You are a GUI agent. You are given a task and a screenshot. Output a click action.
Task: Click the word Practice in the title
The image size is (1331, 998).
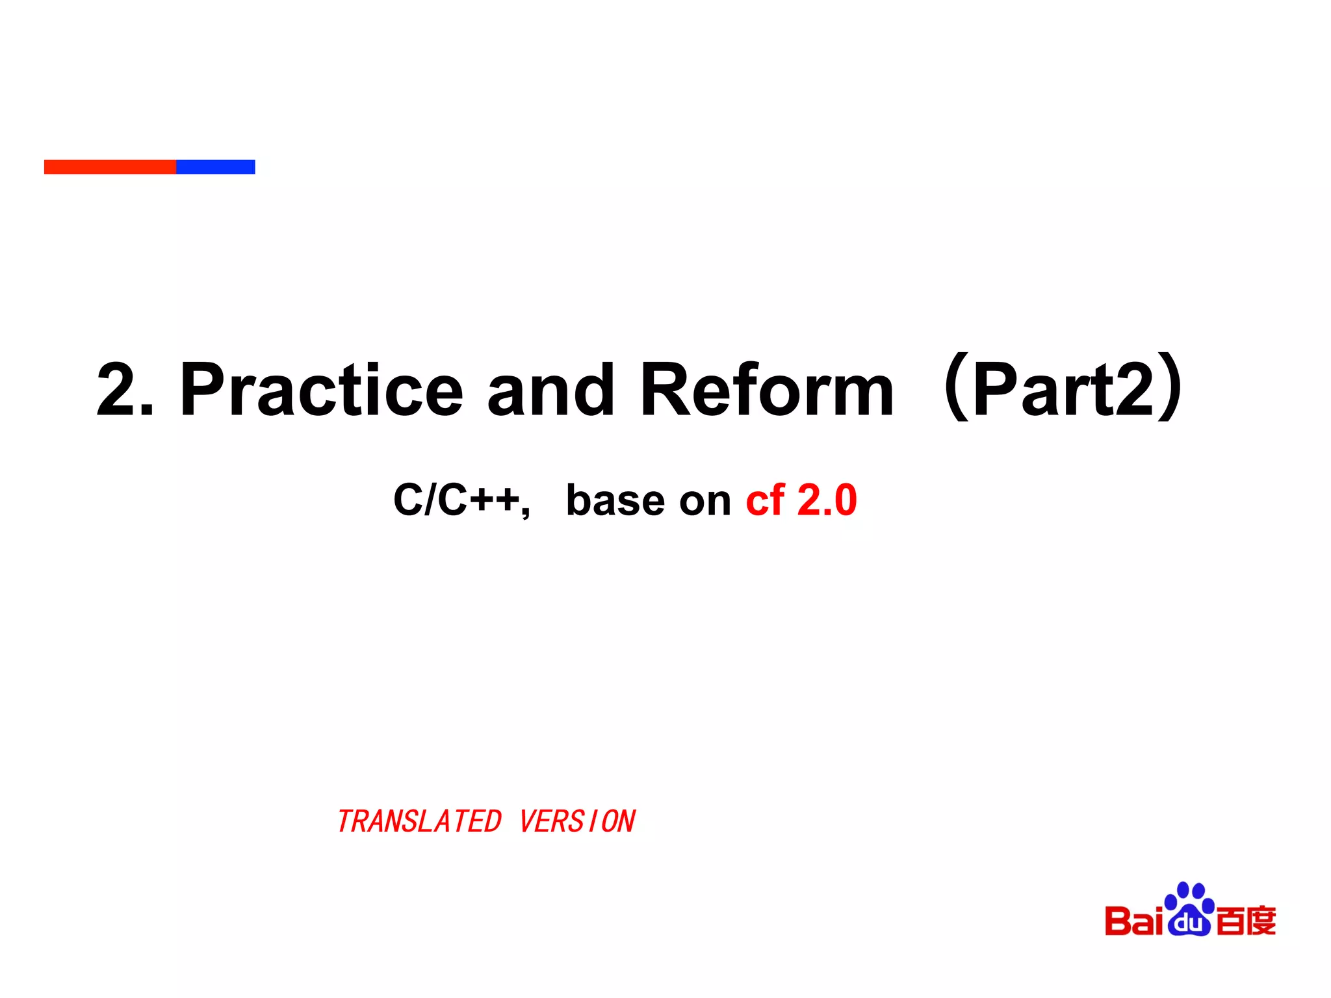click(322, 390)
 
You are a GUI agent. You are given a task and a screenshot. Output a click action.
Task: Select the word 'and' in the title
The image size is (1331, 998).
click(550, 390)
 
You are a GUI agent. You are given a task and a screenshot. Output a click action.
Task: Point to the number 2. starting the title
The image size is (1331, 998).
click(125, 390)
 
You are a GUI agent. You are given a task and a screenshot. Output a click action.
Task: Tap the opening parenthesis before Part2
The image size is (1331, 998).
click(955, 387)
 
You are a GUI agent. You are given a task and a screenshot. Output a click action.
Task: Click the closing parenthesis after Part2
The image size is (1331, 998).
click(1170, 387)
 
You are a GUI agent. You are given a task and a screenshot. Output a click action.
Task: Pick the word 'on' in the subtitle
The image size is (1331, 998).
click(705, 502)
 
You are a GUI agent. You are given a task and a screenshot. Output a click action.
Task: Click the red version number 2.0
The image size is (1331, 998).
click(827, 500)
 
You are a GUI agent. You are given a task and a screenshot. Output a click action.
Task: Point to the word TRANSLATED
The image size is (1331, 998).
click(419, 822)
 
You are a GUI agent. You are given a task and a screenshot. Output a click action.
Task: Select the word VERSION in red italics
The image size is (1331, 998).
click(577, 822)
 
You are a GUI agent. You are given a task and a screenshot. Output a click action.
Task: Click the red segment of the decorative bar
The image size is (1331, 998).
click(110, 167)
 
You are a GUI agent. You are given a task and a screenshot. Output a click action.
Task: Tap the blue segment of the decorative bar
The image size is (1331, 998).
click(216, 167)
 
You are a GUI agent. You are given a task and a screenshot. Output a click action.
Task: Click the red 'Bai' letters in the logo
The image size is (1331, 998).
click(1133, 921)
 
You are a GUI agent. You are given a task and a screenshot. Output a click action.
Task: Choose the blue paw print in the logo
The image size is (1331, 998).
click(1189, 910)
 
